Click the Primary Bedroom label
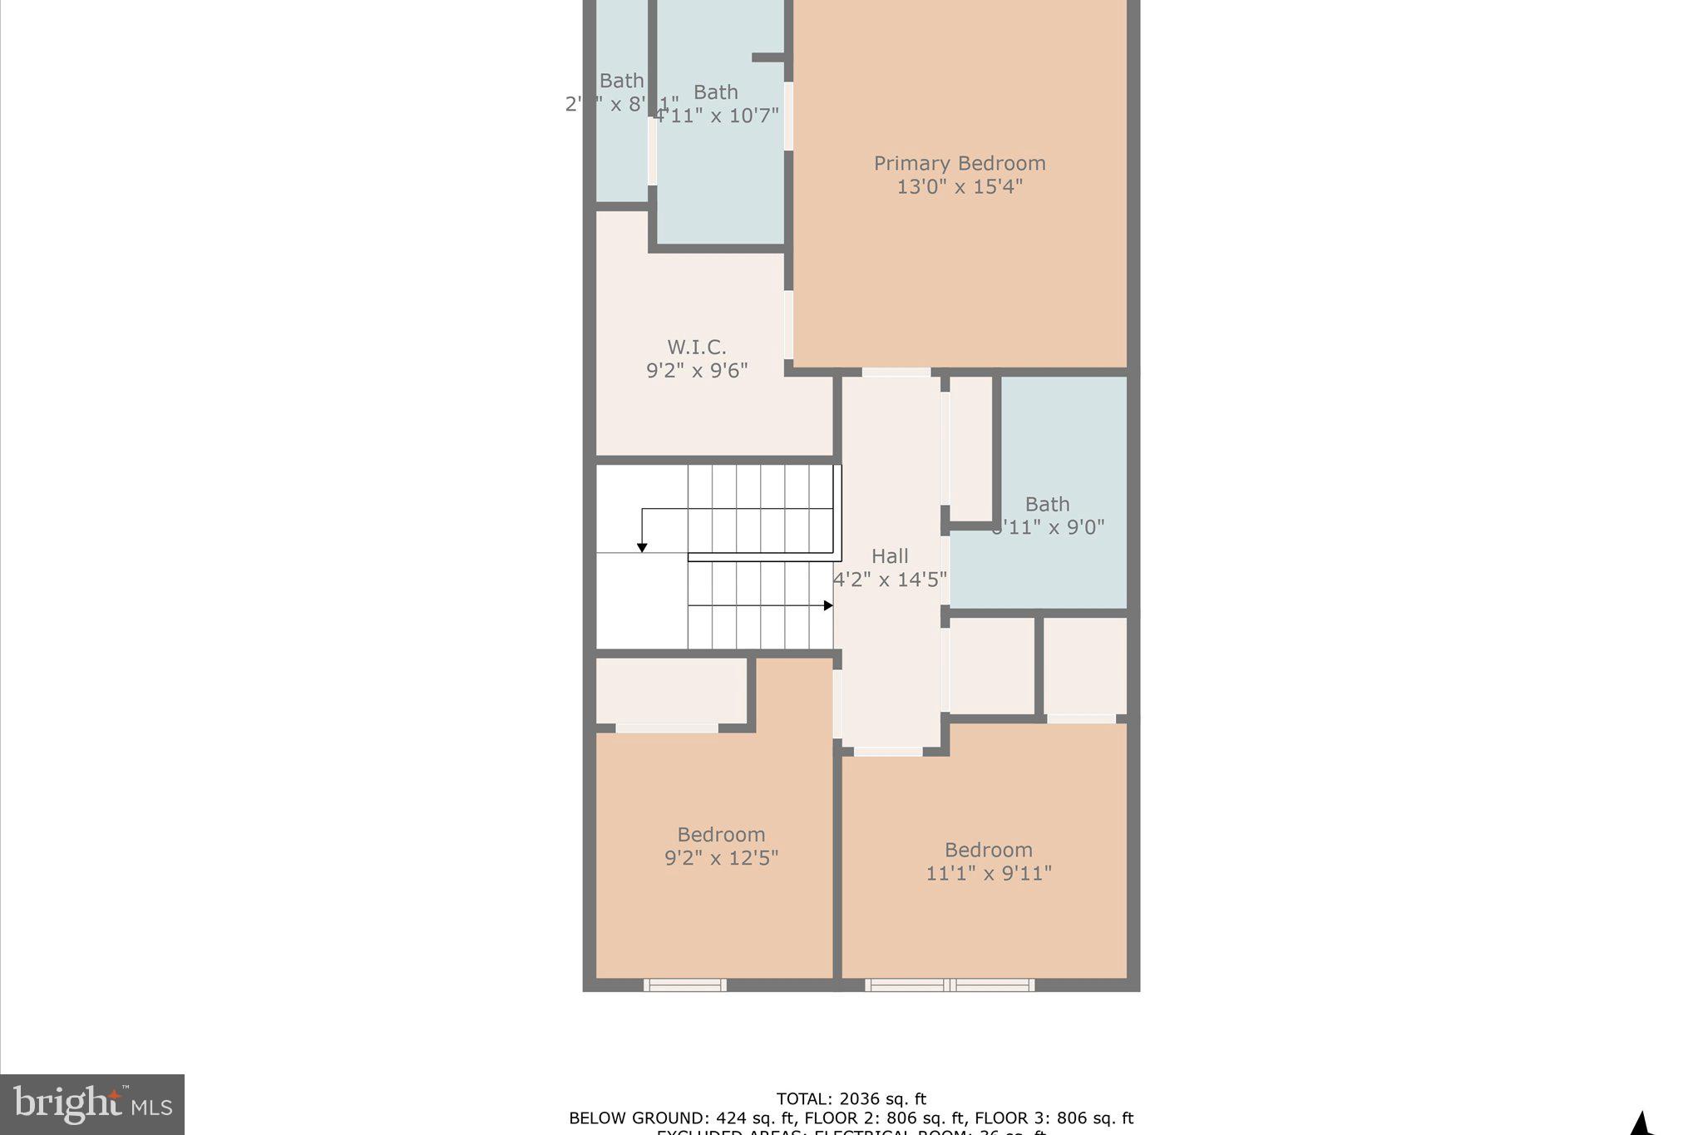click(x=959, y=164)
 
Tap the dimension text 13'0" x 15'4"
click(x=959, y=187)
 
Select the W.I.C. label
click(x=696, y=348)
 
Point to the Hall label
click(x=889, y=556)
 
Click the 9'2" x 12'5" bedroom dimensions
click(x=721, y=858)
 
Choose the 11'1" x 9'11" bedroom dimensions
click(x=988, y=874)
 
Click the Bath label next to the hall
click(x=1047, y=505)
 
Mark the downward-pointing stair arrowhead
click(x=642, y=547)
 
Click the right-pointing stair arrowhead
click(x=828, y=605)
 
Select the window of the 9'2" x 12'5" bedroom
click(x=684, y=985)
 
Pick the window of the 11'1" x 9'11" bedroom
click(x=950, y=985)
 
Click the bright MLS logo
click(x=92, y=1104)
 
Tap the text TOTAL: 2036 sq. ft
click(x=851, y=1099)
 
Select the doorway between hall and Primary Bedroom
click(x=896, y=373)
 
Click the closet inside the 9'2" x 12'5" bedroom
click(x=671, y=691)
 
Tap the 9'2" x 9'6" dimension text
click(x=697, y=371)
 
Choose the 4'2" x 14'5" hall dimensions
click(x=890, y=580)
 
